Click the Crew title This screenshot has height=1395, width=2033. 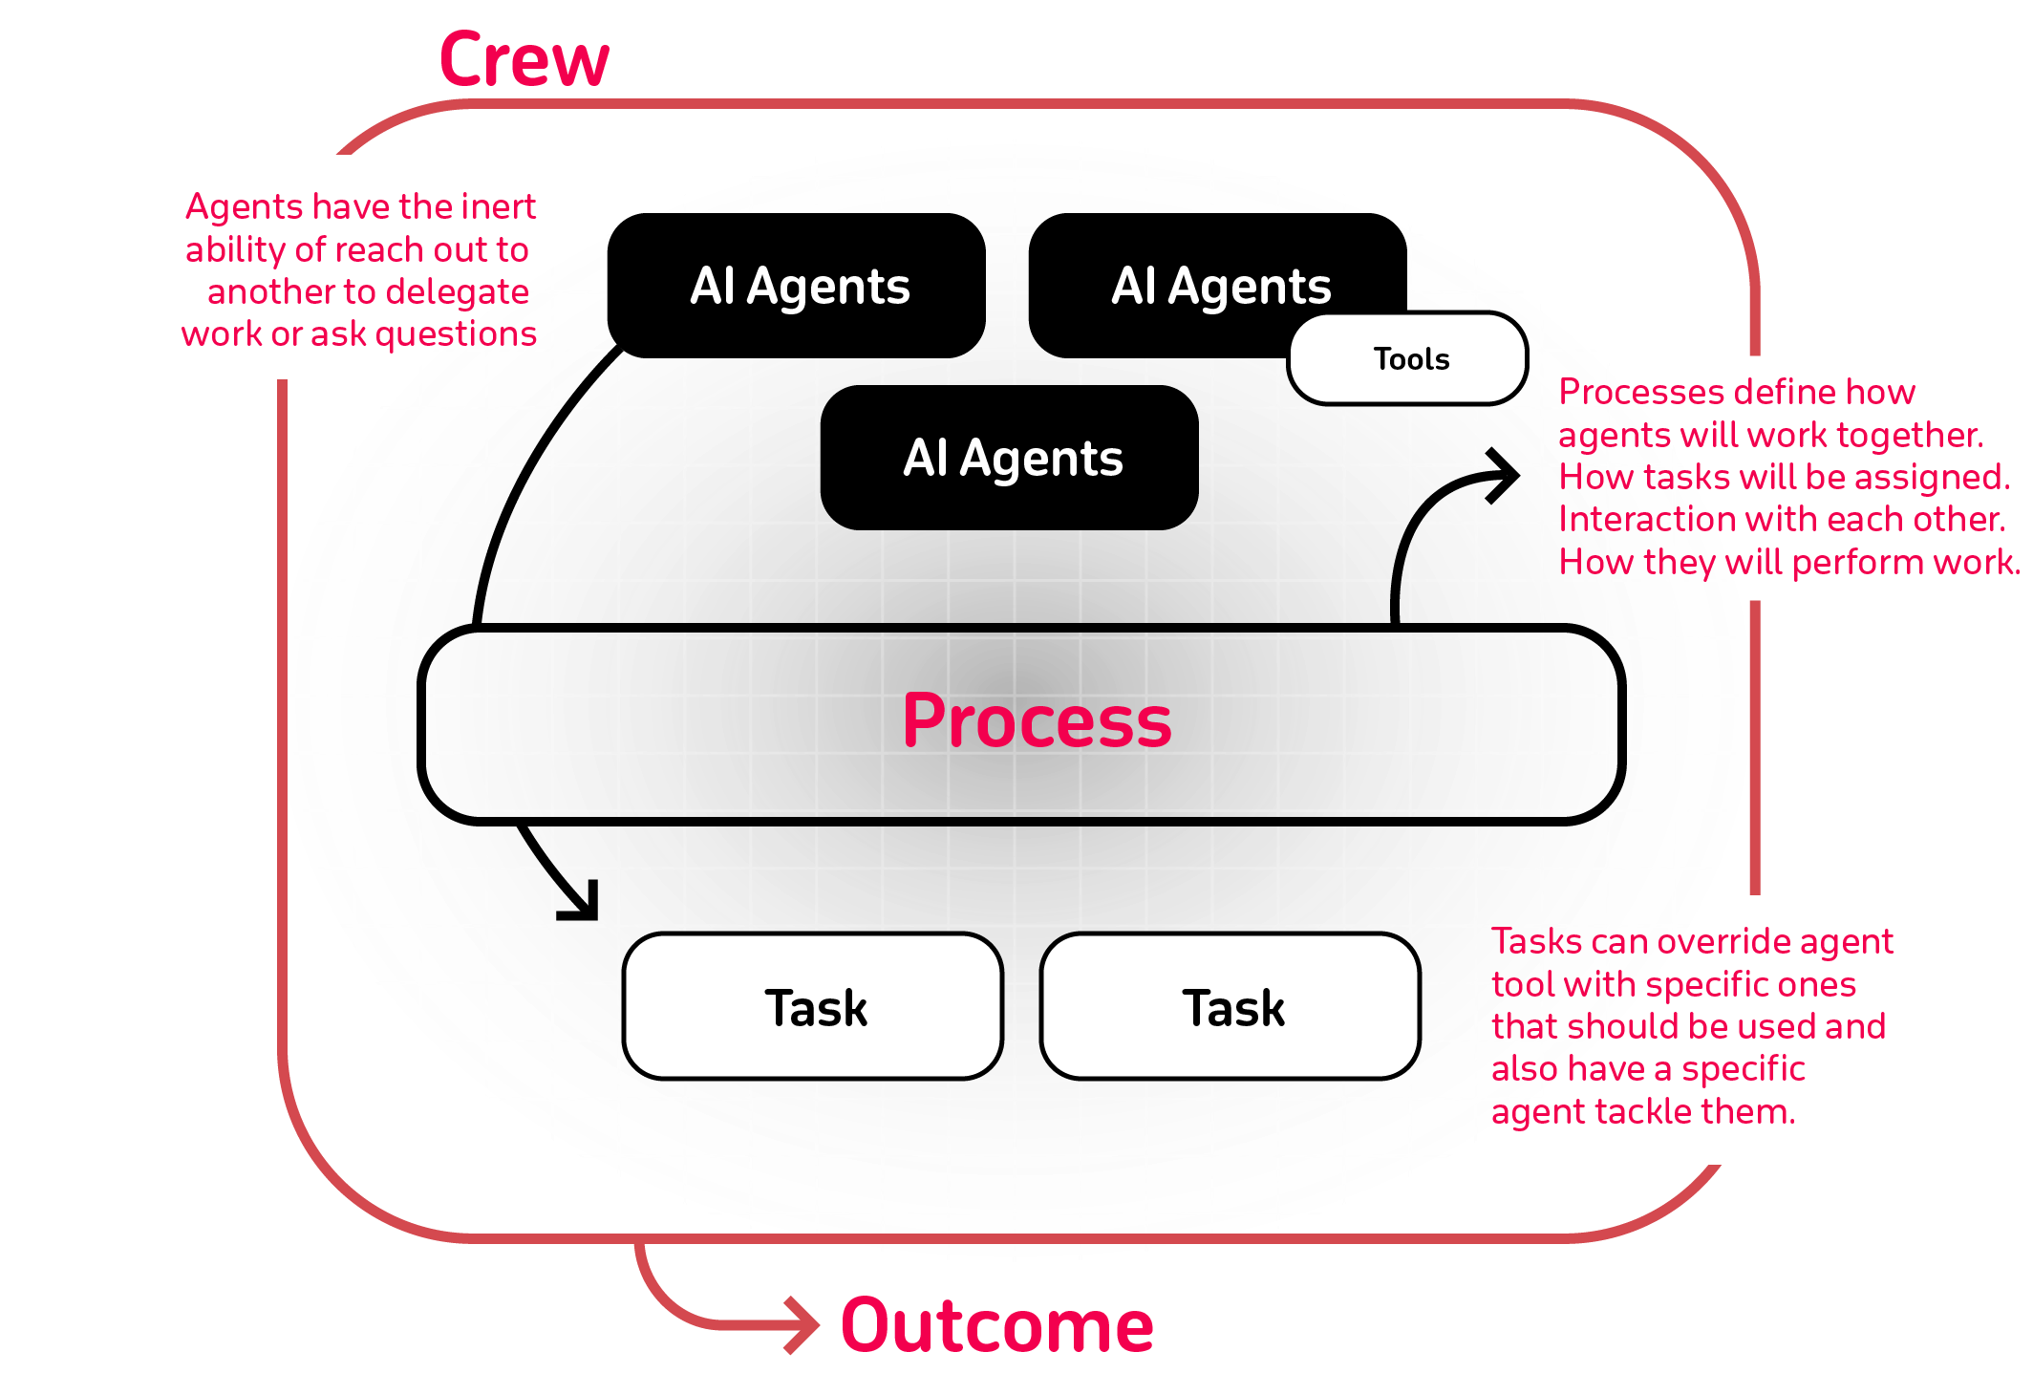[x=524, y=59]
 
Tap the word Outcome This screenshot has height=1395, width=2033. [x=997, y=1326]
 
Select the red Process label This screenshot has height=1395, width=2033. [x=1038, y=721]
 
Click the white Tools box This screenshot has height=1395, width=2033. [x=1410, y=359]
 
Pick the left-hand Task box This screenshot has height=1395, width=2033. [x=814, y=1007]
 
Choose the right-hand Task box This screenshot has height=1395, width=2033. [x=1230, y=1007]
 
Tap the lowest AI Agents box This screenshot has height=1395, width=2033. [x=1011, y=458]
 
